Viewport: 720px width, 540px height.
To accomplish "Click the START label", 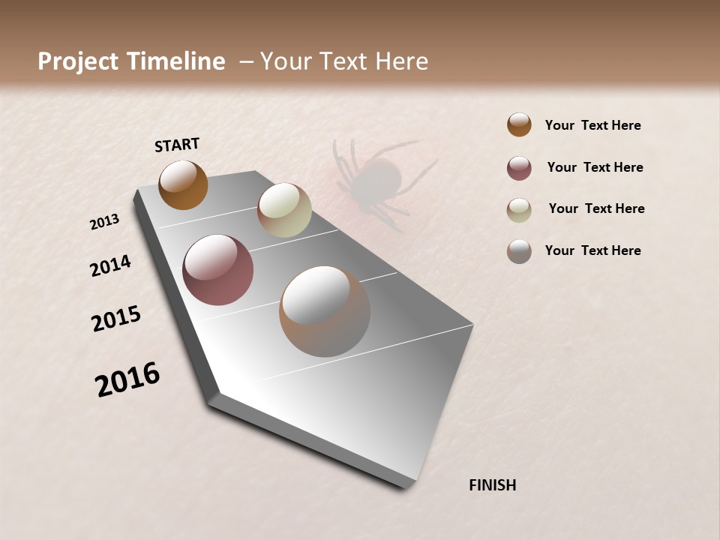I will pos(177,145).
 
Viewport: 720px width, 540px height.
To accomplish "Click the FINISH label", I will pos(492,485).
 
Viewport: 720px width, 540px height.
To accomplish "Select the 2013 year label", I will pos(104,222).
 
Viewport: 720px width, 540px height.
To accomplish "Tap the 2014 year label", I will pos(110,265).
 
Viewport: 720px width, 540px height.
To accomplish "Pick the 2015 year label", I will pos(116,319).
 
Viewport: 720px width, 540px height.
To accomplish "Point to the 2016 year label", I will pos(127,379).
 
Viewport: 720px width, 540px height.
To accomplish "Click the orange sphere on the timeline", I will pos(183,184).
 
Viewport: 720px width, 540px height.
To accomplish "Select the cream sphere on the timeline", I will pos(284,210).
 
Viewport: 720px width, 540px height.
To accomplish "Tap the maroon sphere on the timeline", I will pos(218,269).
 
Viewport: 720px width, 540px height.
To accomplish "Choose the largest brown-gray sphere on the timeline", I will pos(325,310).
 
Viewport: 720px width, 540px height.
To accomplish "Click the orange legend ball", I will pos(519,124).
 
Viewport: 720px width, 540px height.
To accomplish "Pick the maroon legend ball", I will pos(519,168).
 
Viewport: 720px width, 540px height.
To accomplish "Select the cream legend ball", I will pos(519,210).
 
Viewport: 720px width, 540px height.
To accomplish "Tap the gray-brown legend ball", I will pos(519,251).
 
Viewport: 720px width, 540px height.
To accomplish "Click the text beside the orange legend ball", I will pos(592,125).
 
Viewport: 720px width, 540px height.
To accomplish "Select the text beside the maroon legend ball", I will pos(595,167).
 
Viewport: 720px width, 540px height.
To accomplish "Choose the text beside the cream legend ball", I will pos(596,208).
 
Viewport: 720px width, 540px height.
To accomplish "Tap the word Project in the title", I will pos(79,61).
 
